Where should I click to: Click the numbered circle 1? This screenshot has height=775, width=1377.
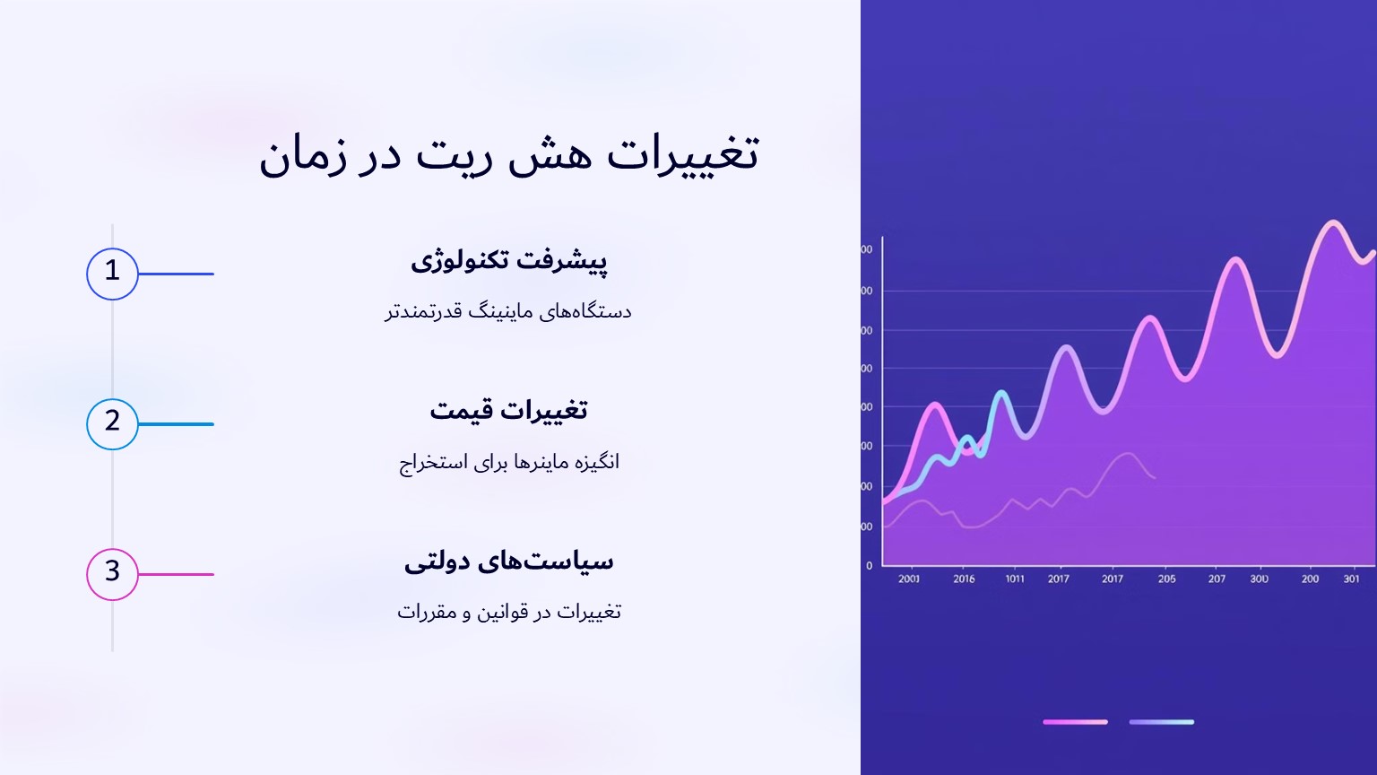pos(112,274)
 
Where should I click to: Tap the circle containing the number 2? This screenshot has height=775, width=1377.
pos(112,424)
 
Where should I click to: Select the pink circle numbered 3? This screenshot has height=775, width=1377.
pos(112,574)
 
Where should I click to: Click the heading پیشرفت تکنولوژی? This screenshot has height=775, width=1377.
pos(508,260)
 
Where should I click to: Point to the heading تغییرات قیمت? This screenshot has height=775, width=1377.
pos(508,411)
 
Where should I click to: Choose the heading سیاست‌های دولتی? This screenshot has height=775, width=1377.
pos(508,562)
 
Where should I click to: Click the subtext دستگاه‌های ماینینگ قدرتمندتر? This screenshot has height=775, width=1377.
pos(508,311)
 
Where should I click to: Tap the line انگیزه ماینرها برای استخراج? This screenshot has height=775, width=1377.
pos(508,462)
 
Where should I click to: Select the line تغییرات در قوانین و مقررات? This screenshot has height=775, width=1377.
pos(508,612)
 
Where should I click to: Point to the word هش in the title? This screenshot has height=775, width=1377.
pos(550,154)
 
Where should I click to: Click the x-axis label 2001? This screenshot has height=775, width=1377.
pos(909,579)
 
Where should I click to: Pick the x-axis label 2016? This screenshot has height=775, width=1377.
pos(964,579)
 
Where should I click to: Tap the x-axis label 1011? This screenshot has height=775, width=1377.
pos(1015,579)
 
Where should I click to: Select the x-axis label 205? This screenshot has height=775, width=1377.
pos(1166,579)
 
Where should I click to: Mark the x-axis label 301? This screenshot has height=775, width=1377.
pos(1351,579)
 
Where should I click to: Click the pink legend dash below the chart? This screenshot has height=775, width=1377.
pos(1075,722)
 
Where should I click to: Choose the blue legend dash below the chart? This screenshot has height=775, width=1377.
pos(1161,722)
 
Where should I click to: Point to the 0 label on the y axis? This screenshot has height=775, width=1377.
pos(869,566)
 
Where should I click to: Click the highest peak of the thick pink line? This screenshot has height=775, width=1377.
pos(1333,222)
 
